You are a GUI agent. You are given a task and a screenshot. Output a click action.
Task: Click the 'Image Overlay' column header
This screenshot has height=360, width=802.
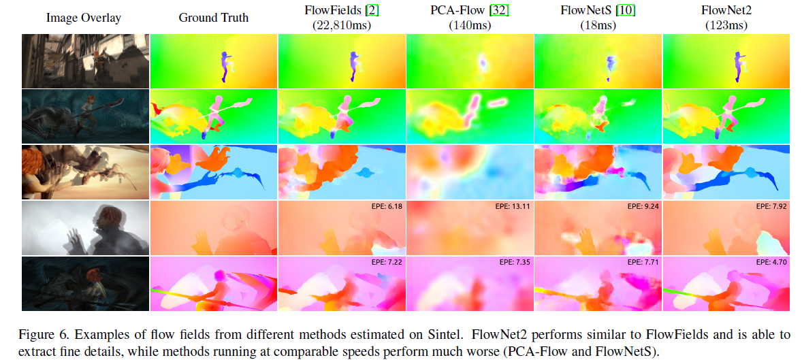point(85,18)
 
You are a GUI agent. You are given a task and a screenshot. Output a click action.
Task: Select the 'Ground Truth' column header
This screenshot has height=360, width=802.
point(213,18)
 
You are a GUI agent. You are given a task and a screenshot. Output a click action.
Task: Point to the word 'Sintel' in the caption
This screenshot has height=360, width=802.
point(381,334)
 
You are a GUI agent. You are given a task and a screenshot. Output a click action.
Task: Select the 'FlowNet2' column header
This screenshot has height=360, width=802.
point(726,12)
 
